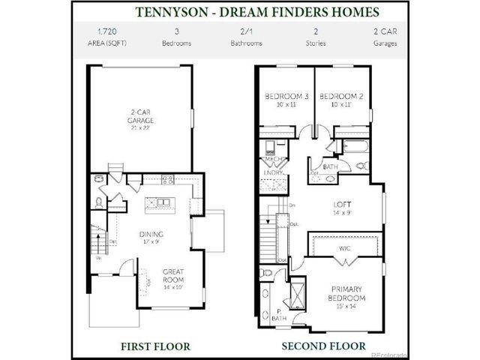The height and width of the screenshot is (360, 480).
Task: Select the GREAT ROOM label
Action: coord(173,274)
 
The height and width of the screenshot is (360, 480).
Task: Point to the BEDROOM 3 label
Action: coord(286,97)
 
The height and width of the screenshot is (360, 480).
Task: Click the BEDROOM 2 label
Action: coord(341,97)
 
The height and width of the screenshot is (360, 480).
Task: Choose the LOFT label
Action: coord(343,204)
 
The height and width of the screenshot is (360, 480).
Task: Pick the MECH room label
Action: coord(271,160)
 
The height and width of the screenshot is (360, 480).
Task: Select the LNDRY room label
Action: coord(271,173)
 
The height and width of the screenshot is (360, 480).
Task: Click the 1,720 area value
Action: coord(107,31)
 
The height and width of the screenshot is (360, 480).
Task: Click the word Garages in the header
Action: coord(385,43)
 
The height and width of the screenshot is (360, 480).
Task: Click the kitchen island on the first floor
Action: coord(159,202)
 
